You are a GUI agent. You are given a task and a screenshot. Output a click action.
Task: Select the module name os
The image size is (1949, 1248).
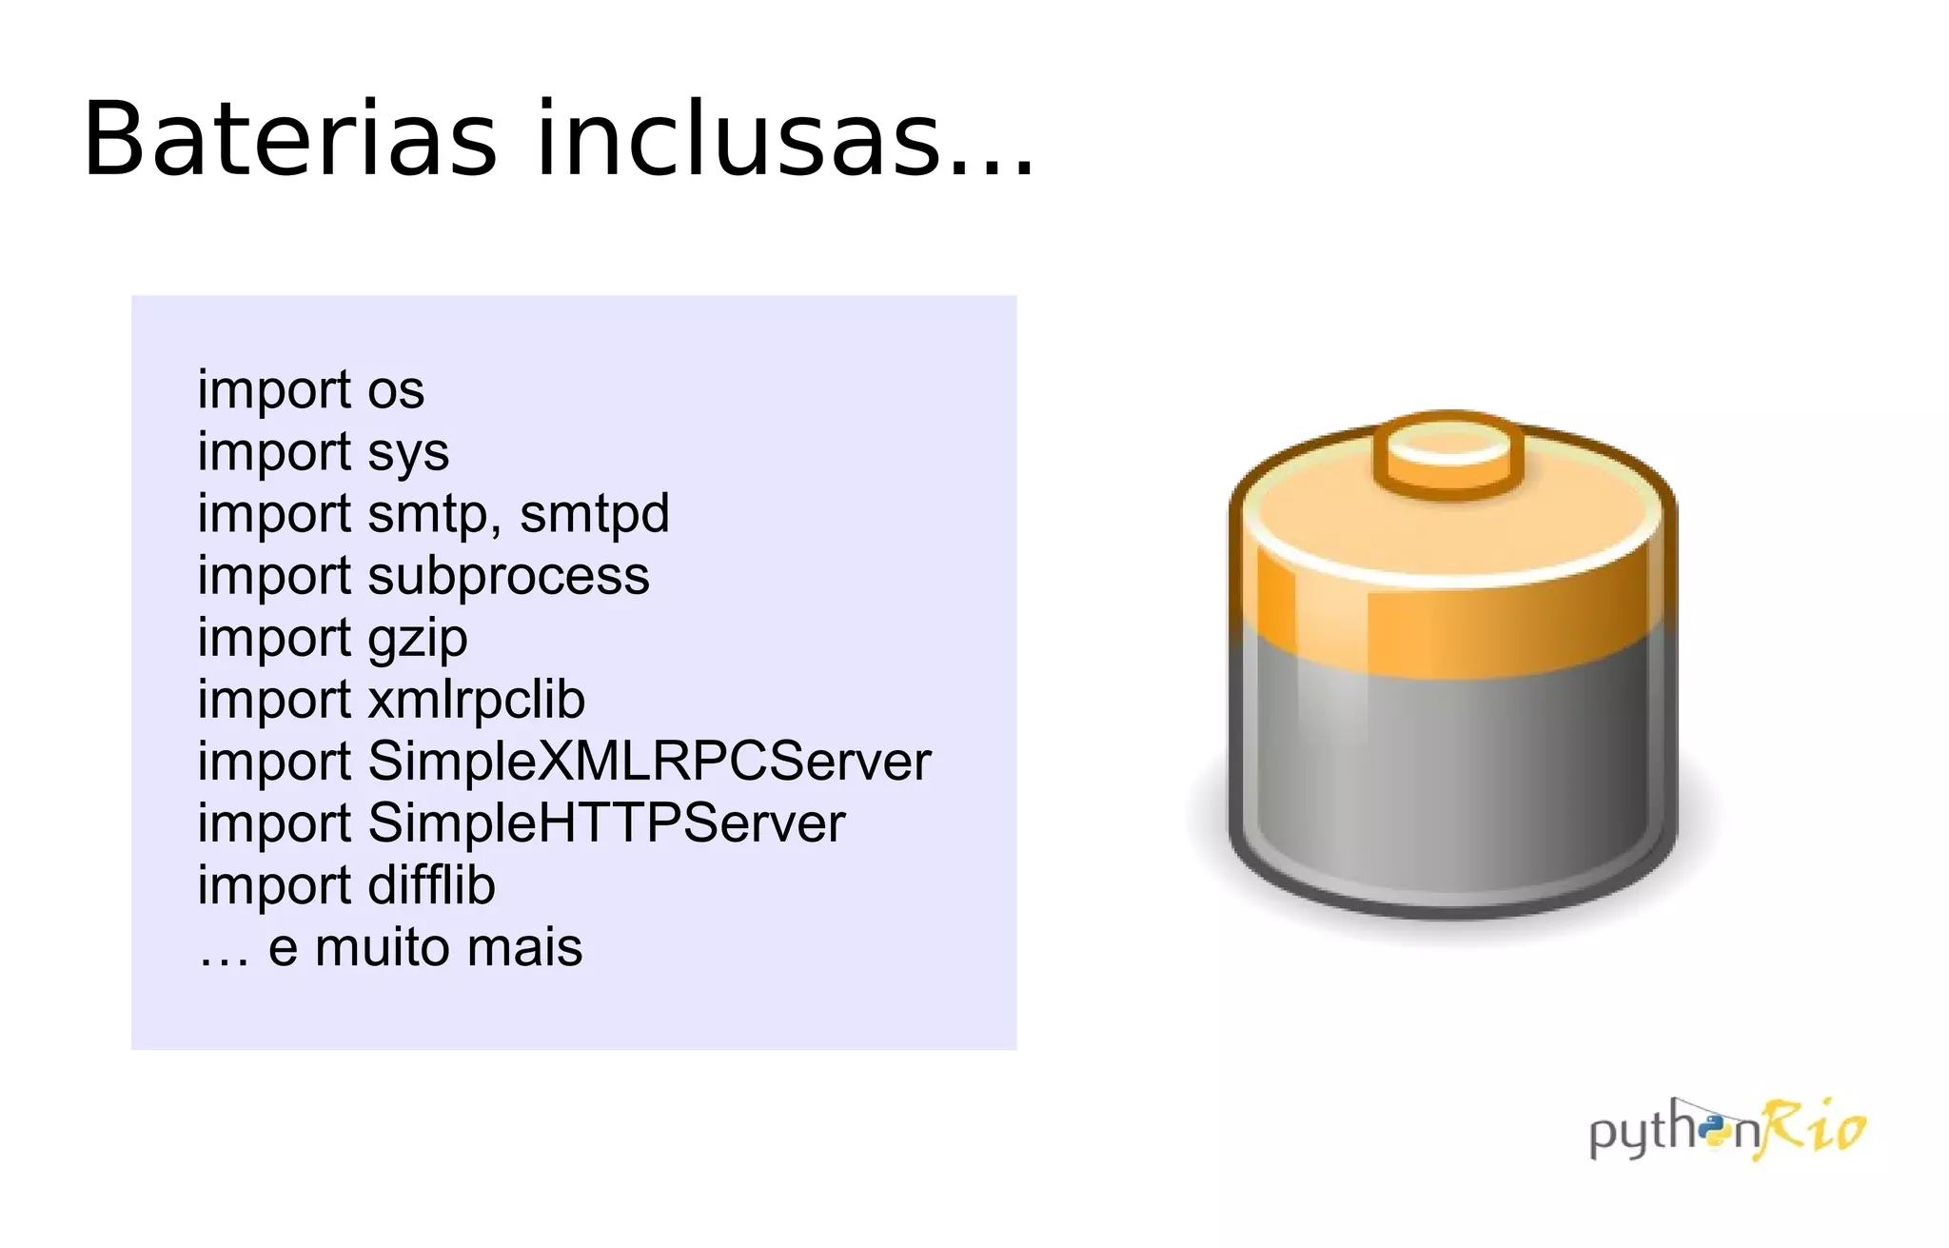396,390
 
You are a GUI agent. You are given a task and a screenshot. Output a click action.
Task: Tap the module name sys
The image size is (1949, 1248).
408,453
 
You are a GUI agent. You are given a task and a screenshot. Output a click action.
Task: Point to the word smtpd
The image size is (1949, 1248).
594,514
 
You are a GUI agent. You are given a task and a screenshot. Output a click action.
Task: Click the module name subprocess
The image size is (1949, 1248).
508,576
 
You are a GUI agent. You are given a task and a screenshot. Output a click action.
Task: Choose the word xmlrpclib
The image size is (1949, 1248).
476,700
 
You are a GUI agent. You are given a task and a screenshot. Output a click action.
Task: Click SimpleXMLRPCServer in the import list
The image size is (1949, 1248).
649,762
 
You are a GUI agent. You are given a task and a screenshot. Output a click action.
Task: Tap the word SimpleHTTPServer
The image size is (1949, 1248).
606,823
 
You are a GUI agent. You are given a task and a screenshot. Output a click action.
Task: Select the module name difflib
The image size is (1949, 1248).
431,885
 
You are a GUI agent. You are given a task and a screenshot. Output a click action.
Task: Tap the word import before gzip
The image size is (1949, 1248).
274,639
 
